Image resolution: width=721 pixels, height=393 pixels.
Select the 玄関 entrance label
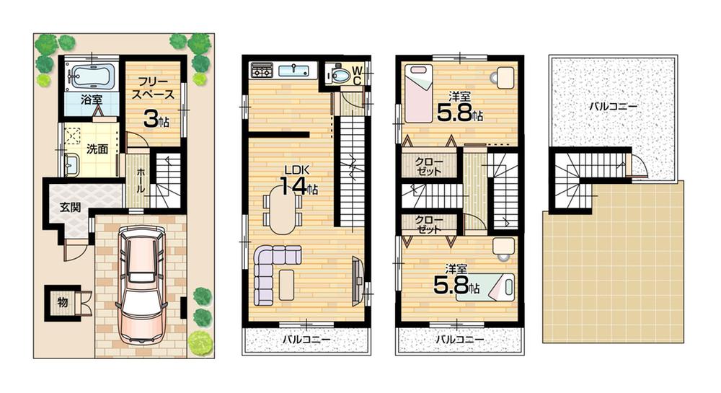coord(70,208)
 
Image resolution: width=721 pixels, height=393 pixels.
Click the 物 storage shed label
coord(63,303)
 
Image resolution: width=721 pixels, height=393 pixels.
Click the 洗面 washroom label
coord(97,150)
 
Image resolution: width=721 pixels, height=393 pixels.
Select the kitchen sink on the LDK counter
coord(293,71)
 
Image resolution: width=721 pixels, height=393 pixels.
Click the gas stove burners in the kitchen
coord(261,71)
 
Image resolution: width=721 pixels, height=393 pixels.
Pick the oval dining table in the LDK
coord(283,209)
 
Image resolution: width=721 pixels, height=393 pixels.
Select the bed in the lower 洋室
coord(497,287)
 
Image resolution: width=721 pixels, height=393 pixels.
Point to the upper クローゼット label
coord(430,167)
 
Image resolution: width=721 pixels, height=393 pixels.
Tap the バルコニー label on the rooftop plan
coord(613,106)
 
